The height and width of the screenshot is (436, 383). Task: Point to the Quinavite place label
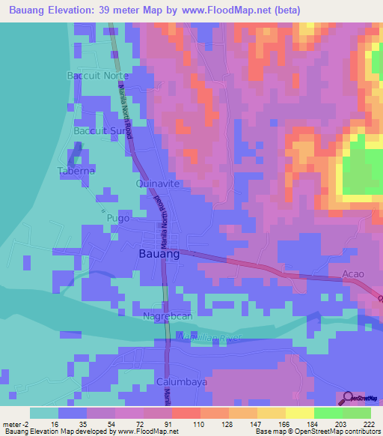156,184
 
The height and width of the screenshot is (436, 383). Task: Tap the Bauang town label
159,255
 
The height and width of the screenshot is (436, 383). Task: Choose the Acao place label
353,274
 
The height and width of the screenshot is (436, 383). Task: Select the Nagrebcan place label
168,317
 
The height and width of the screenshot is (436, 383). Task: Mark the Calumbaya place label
180,382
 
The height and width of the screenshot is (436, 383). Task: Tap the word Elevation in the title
70,10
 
